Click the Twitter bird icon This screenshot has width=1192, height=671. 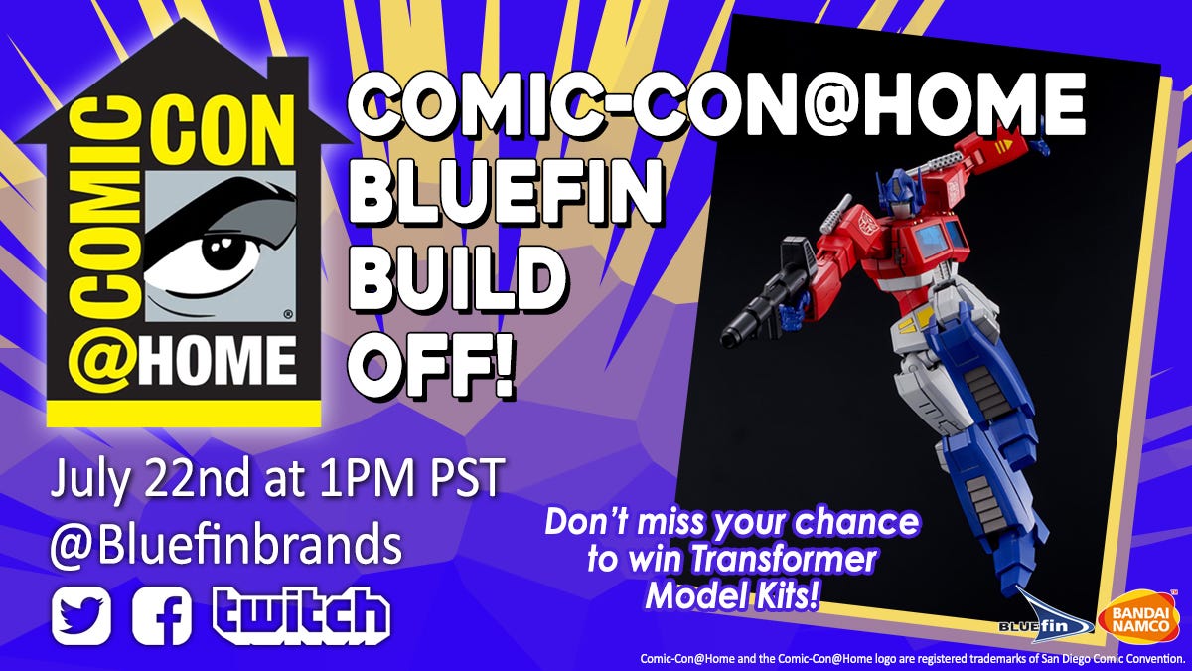[x=81, y=615]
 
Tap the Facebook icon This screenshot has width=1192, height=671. [x=162, y=615]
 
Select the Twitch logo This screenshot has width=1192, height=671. [x=301, y=615]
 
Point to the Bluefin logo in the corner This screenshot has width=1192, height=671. [x=1043, y=617]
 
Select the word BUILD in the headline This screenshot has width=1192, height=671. [x=459, y=282]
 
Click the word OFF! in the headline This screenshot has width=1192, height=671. [x=432, y=367]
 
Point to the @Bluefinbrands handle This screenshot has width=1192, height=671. [x=226, y=546]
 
